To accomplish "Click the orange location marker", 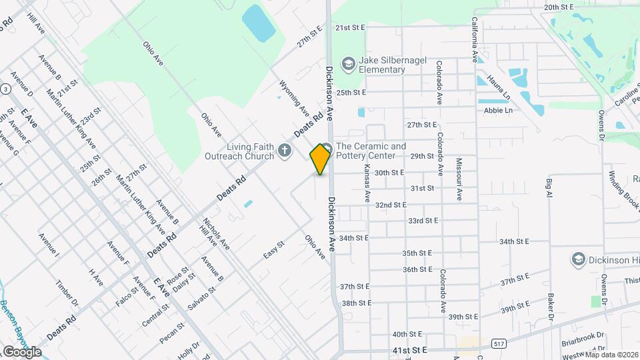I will (x=321, y=159).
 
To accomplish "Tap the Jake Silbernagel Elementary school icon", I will (x=347, y=64).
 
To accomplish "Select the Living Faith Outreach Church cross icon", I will (x=285, y=151).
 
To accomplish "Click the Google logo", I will (x=21, y=351).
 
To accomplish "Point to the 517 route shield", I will (x=498, y=343).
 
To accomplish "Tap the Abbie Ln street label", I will (x=498, y=110).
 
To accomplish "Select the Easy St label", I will (x=273, y=250).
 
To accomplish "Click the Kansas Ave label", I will (x=367, y=184).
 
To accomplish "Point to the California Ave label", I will (x=475, y=40).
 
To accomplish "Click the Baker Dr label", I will (x=551, y=306).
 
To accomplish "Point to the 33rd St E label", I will (x=423, y=221).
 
